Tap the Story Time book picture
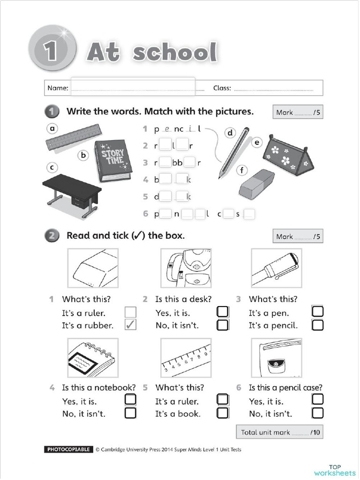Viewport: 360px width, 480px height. coord(113,160)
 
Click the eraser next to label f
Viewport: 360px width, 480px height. coord(256,184)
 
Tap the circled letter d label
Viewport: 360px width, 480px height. coord(230,133)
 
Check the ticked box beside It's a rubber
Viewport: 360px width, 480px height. coord(130,325)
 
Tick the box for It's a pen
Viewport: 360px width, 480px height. coord(317,312)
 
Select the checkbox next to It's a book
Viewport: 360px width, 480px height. coord(223,413)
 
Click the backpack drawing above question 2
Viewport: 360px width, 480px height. coord(186,268)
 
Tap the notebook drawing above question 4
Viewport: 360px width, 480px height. coord(93,357)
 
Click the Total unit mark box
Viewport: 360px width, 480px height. coord(279,432)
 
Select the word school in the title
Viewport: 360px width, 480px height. coord(175,52)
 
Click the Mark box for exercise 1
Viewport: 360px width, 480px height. coord(298,112)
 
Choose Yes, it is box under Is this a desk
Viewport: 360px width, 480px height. coord(223,312)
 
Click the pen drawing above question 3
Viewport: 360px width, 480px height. coord(276,268)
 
